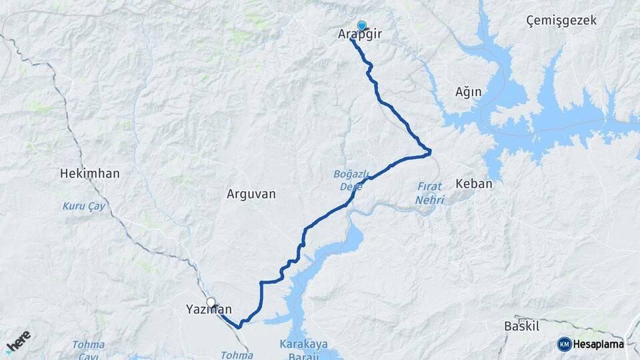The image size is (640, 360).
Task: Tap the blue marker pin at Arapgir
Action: tap(362, 26)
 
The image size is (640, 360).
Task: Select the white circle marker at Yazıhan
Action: tap(211, 303)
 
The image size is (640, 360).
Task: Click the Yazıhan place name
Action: tap(208, 310)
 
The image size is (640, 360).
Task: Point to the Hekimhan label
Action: tap(90, 173)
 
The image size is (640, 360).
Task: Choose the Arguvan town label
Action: tap(251, 194)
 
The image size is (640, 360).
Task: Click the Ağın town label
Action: tap(468, 92)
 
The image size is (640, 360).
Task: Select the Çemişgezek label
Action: tap(561, 21)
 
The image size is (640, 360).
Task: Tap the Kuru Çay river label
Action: tap(84, 206)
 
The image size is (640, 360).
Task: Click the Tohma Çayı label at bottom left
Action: tap(89, 350)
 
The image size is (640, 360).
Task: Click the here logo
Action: tap(18, 341)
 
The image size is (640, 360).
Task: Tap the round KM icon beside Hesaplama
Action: tap(564, 344)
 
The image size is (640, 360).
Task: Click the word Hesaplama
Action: tap(599, 344)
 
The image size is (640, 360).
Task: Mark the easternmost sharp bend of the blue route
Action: tap(430, 153)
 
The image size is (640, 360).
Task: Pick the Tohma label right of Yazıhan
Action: tap(236, 355)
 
